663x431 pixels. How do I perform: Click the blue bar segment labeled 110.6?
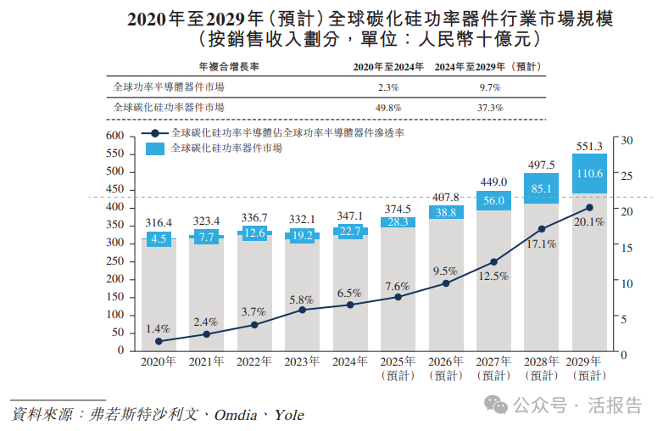coord(589,173)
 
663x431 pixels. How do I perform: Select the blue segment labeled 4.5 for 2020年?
coord(158,239)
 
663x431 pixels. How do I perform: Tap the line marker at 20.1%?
coord(589,207)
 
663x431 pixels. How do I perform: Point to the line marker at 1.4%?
coord(158,341)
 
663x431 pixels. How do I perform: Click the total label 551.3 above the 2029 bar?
coord(589,146)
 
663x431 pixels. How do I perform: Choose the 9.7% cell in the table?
coord(489,87)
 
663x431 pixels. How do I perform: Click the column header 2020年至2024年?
coord(388,66)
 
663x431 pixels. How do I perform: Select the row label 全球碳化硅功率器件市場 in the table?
coord(170,108)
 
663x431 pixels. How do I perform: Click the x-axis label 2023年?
coord(302,361)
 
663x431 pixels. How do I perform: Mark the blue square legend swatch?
coord(155,148)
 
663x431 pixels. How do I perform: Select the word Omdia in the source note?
coord(237,415)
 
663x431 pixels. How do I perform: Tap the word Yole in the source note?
coord(288,415)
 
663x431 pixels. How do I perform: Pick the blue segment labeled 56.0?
coord(493,200)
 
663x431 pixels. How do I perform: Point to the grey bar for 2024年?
coord(349,293)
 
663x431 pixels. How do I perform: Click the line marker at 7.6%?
coord(398,296)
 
